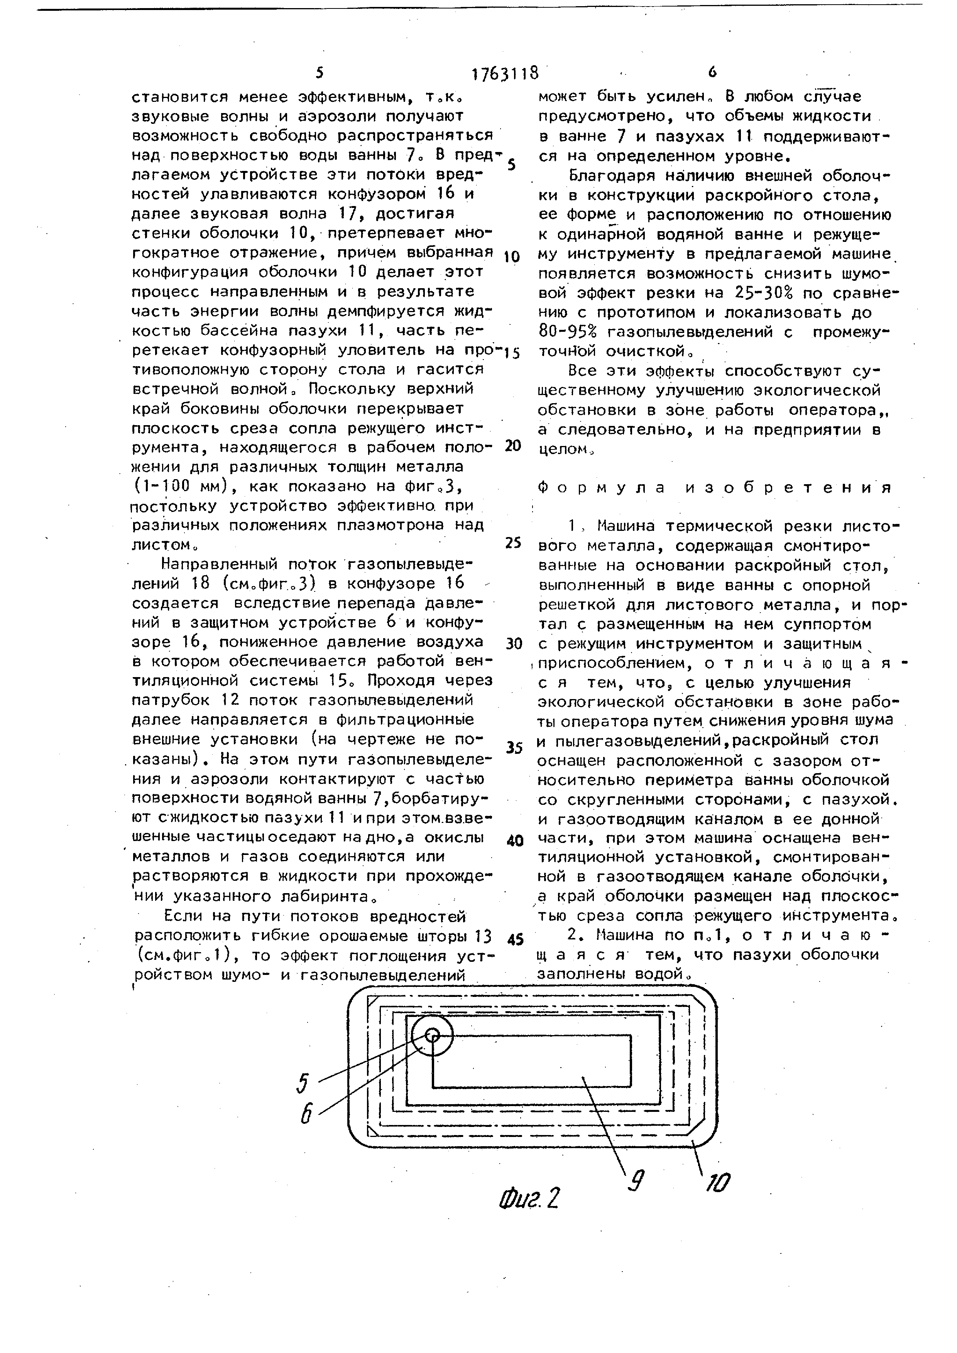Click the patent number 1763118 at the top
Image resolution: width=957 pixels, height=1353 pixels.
pos(505,73)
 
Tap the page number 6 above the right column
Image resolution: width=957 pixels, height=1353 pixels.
pos(712,72)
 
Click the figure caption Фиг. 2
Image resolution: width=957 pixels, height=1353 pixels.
pos(528,1198)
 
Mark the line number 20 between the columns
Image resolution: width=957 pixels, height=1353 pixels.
pos(513,446)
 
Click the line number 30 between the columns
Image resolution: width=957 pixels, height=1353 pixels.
pos(514,644)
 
